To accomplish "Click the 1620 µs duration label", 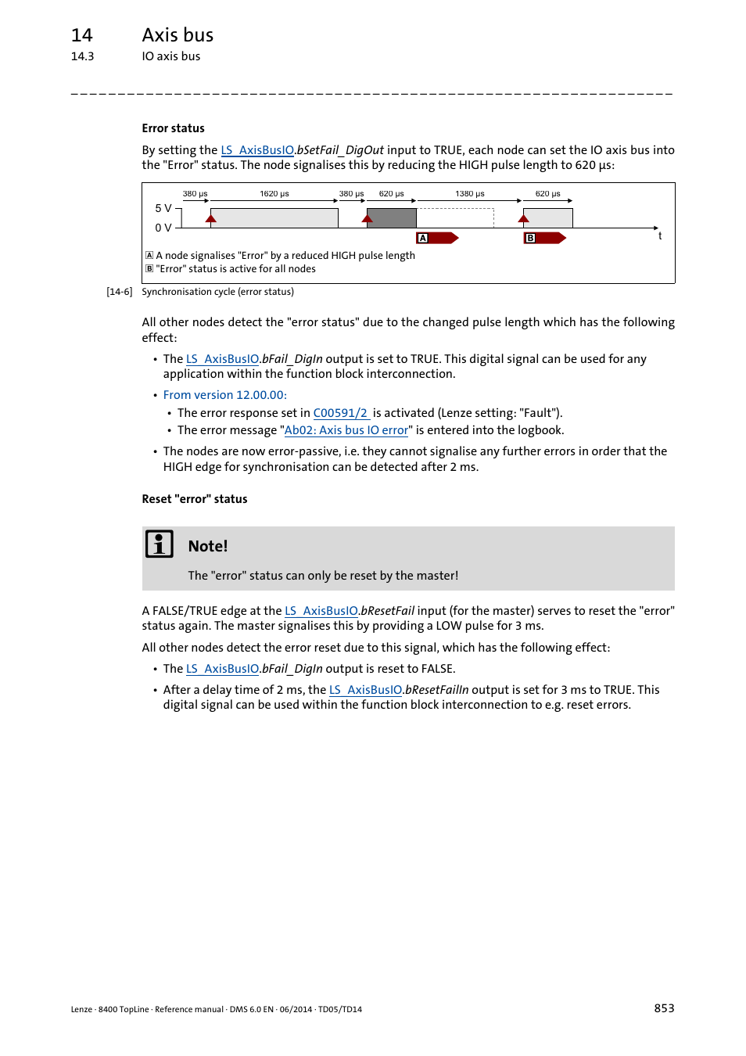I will click(274, 194).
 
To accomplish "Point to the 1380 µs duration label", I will click(469, 194).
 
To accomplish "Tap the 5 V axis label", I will click(163, 208).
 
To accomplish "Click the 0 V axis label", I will click(163, 228).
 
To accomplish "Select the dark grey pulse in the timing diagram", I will click(391, 218).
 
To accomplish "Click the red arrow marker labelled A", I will click(437, 238).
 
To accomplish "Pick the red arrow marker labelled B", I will click(544, 238).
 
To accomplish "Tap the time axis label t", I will click(660, 236).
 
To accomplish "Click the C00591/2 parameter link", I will click(341, 413).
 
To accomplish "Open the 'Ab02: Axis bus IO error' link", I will click(346, 430).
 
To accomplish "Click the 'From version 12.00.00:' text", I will click(224, 395).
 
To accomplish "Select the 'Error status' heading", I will click(173, 128).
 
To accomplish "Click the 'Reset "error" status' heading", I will click(194, 499).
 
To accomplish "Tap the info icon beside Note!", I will click(160, 544).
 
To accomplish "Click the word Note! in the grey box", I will click(208, 546).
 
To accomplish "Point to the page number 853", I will click(664, 1008).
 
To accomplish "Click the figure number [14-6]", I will click(119, 292).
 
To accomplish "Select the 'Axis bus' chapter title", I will click(178, 35).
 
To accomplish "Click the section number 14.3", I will click(82, 56).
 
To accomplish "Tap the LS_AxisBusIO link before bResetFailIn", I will click(365, 690).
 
